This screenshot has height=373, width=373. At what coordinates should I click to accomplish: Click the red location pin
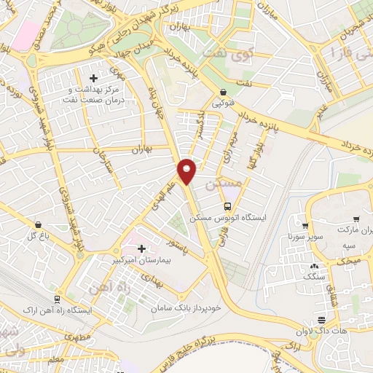click(x=187, y=170)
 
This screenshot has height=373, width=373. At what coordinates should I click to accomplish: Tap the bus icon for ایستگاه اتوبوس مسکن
click(x=229, y=206)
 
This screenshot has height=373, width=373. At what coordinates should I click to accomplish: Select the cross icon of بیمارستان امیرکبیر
click(x=141, y=249)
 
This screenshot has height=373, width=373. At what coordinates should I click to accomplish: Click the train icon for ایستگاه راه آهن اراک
click(x=57, y=299)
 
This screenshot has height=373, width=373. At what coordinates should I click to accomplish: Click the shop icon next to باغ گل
click(x=37, y=225)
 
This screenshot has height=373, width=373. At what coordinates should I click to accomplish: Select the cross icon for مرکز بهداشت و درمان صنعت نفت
click(x=93, y=78)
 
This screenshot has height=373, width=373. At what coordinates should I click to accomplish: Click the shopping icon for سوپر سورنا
click(x=306, y=225)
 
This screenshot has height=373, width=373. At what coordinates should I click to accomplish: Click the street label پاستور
click(x=175, y=249)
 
